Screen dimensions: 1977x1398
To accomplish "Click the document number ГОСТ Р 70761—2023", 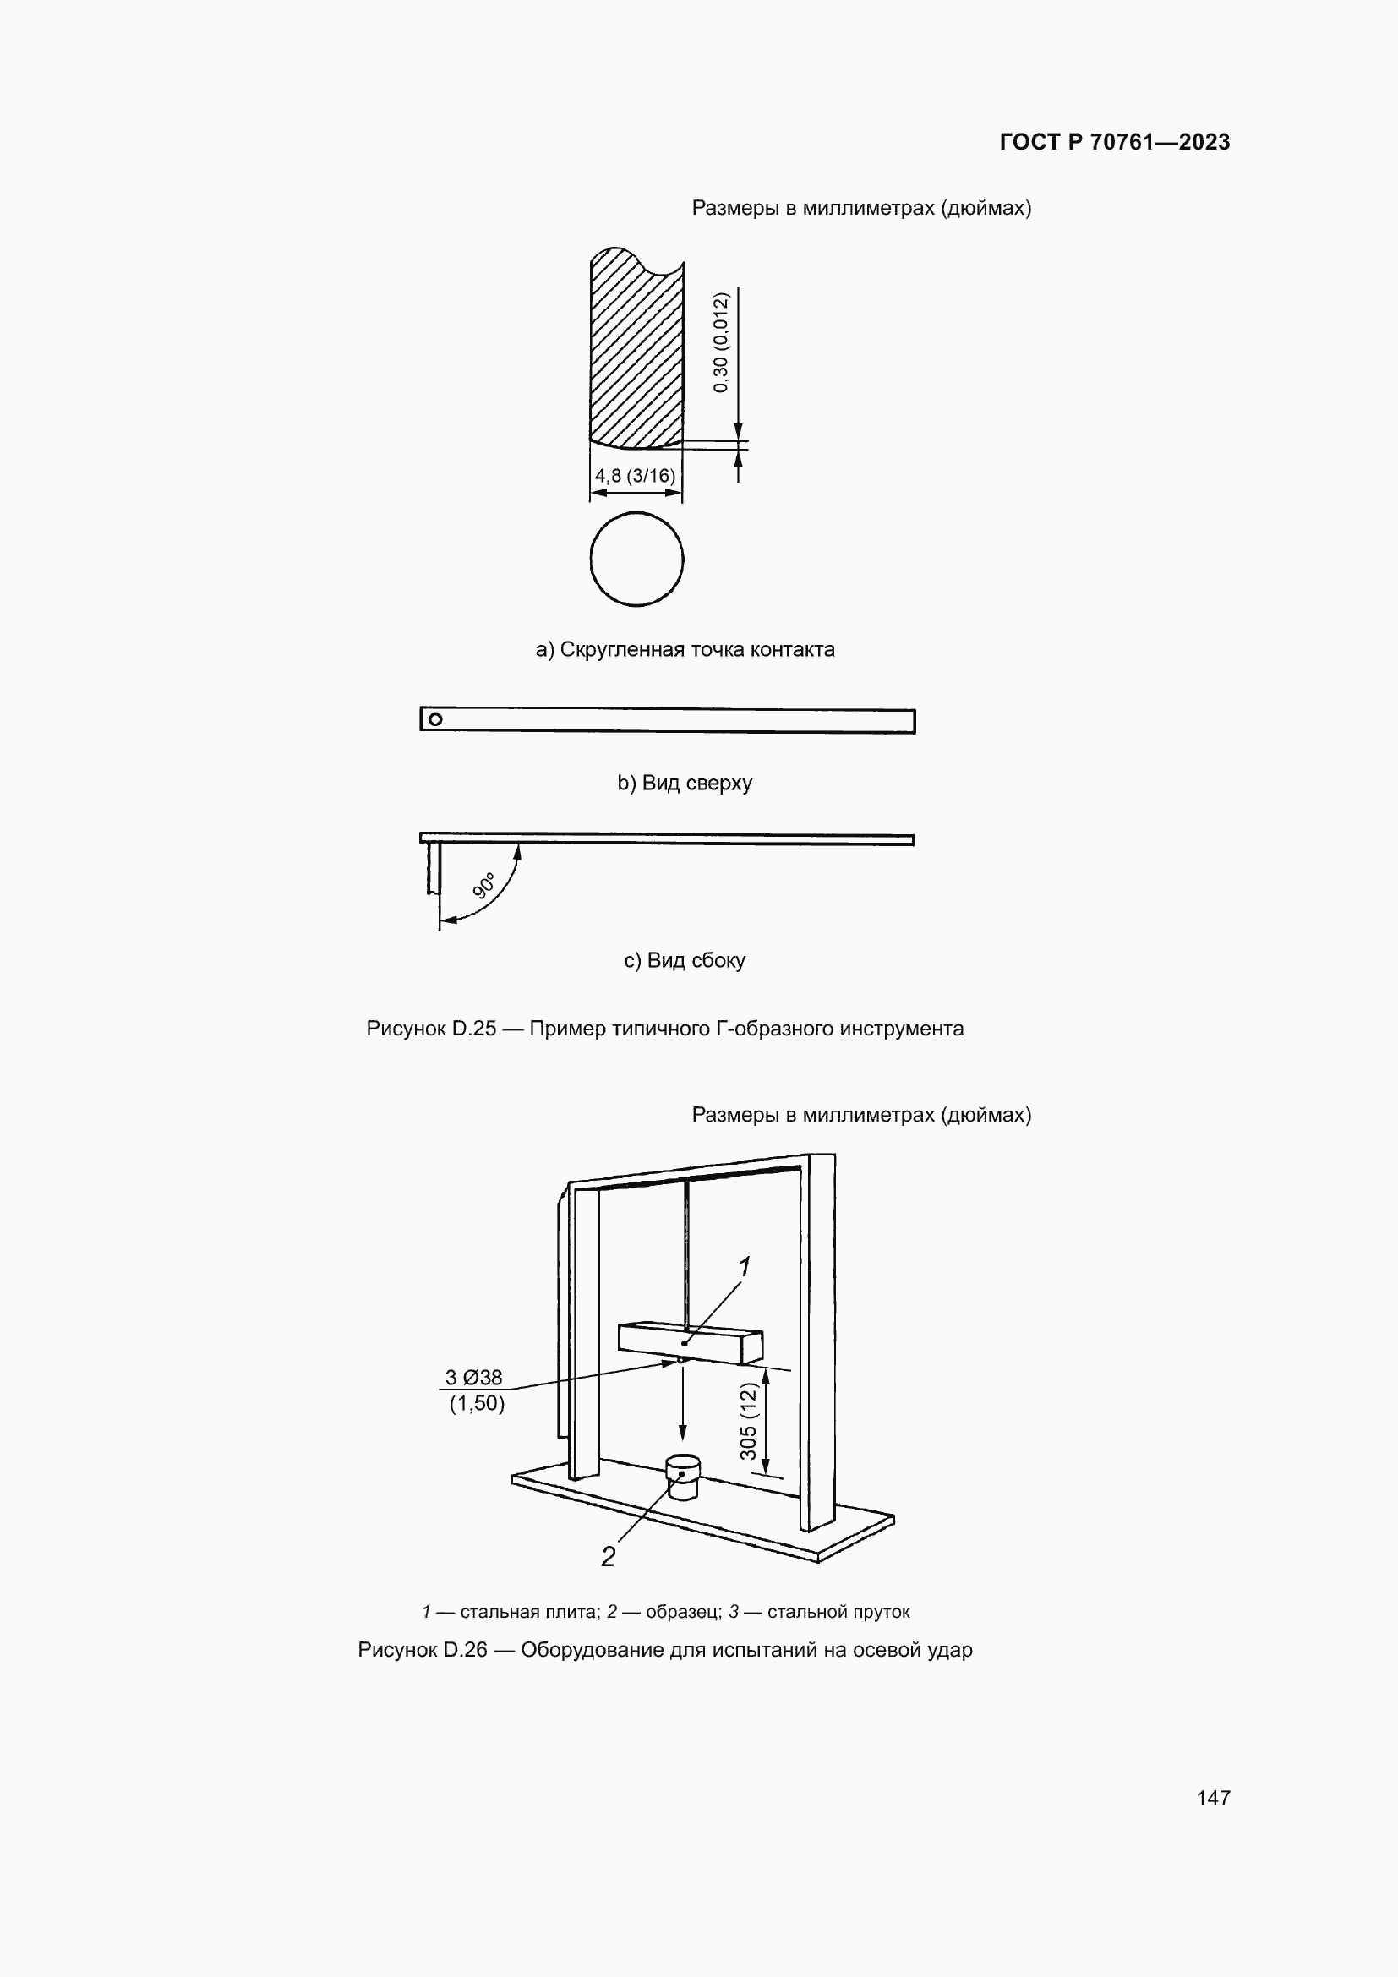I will point(1114,142).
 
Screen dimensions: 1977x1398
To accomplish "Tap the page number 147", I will point(1213,1797).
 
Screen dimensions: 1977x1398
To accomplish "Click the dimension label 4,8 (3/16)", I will point(635,475).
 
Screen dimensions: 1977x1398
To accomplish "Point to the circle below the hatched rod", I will point(636,559).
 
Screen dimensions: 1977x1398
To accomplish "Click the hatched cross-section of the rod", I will point(636,349).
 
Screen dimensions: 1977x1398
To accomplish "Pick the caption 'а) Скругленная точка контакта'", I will point(685,649).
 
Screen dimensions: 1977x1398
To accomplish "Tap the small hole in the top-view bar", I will point(435,719).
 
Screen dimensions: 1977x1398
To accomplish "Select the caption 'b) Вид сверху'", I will point(685,783).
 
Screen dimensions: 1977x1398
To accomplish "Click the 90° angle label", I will point(484,885).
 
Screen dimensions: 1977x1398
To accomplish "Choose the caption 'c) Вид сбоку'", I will point(685,960).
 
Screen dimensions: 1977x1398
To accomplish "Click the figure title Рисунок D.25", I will point(664,1028).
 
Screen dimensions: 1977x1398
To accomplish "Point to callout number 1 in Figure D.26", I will point(745,1267).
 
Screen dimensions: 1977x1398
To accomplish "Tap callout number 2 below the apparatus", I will point(608,1557).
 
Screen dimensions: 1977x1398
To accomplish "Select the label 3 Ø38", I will point(473,1377).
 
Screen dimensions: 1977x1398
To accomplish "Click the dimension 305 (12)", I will point(748,1421).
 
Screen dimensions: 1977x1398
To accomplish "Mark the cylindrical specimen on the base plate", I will point(684,1477).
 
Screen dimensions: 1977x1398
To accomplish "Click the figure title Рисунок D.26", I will point(664,1650).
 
